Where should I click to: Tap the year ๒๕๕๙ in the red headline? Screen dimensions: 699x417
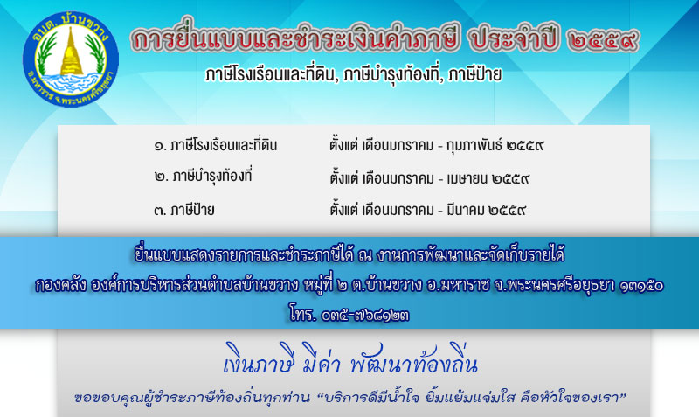tap(603, 40)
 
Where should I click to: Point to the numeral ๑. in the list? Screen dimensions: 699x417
tap(161, 146)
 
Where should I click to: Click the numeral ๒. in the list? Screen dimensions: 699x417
tap(162, 177)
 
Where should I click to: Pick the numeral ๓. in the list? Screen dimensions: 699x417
tap(161, 210)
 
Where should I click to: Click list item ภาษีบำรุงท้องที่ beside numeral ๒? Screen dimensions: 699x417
tap(211, 177)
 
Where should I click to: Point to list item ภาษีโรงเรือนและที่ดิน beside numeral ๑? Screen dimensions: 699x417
tap(225, 145)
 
